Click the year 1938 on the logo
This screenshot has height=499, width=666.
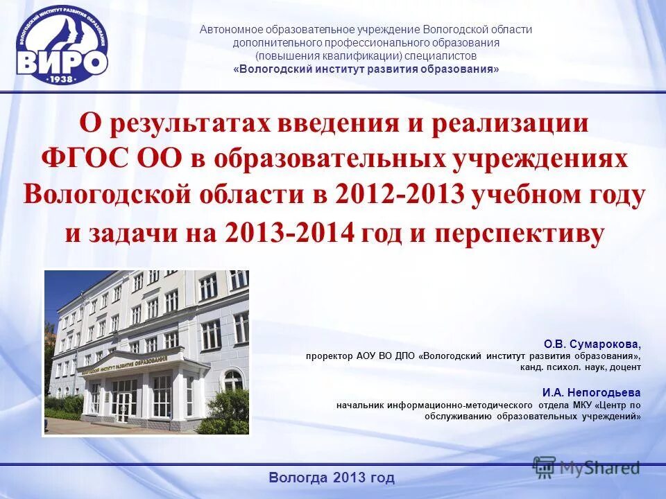coord(62,78)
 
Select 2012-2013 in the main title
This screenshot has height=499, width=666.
coord(399,195)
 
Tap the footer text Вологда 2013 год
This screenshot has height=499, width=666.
coord(331,478)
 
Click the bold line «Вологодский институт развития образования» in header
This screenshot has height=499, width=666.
coord(366,69)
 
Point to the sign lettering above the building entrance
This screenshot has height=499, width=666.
coord(124,365)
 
